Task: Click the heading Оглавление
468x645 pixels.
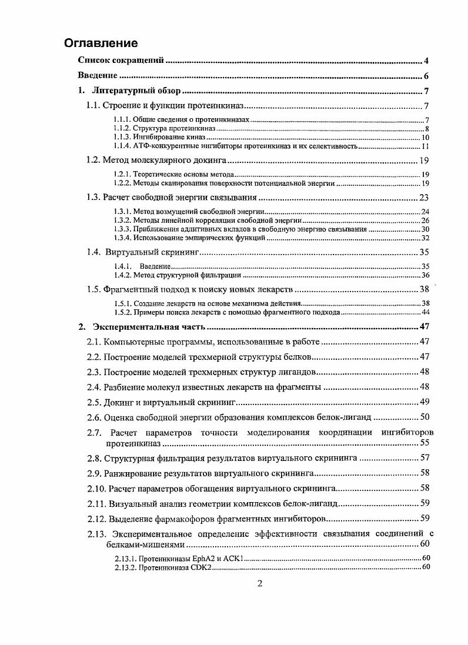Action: pos(101,43)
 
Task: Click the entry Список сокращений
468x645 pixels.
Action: pos(121,61)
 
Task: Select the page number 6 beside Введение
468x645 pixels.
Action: pos(426,76)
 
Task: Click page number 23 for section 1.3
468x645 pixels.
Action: pos(424,198)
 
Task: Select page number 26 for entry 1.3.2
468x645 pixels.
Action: pos(425,220)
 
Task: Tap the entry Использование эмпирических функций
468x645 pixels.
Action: pos(200,237)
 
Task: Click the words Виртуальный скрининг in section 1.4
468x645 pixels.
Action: pos(153,252)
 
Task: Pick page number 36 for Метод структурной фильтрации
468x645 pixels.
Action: pos(425,275)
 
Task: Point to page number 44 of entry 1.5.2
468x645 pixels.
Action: pos(425,312)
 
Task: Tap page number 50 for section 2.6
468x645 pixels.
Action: pos(424,417)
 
